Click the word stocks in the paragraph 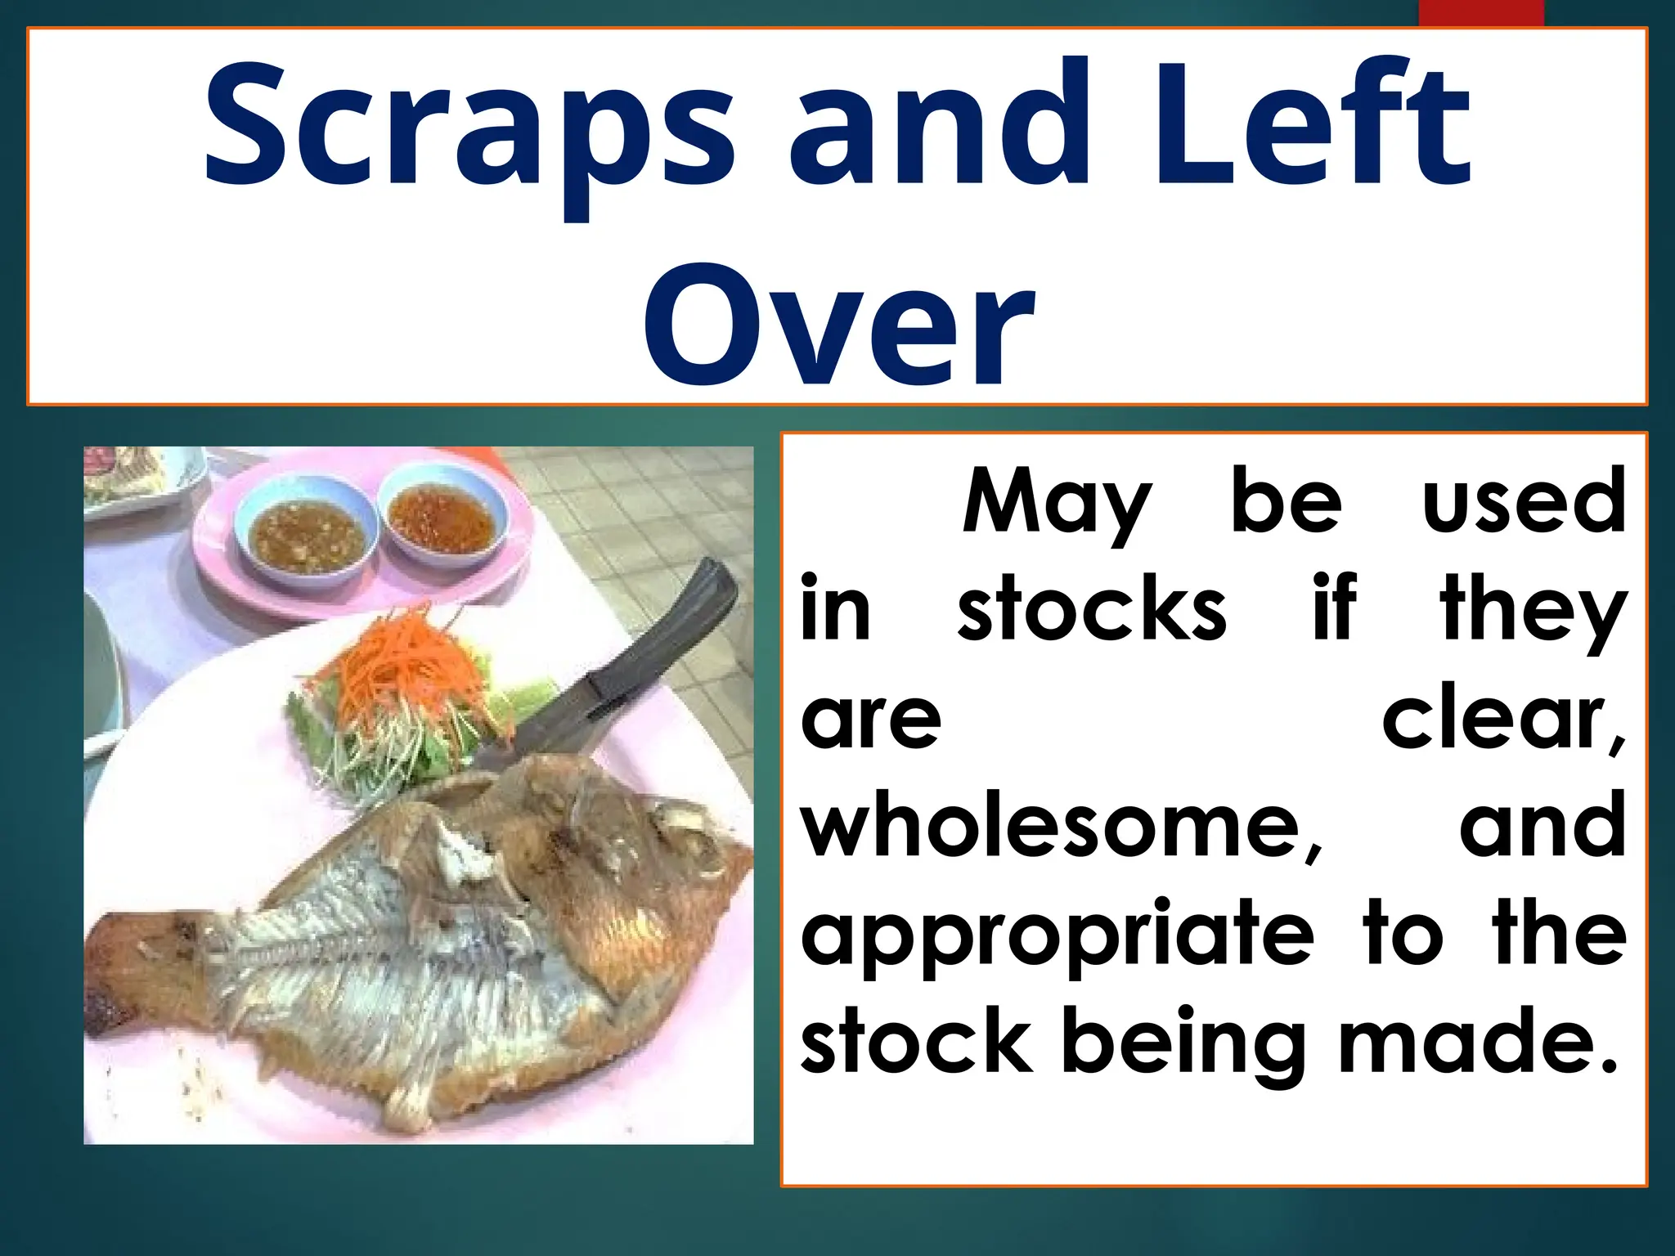[1092, 609]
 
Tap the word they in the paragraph [1533, 609]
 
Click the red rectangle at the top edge [1480, 13]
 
